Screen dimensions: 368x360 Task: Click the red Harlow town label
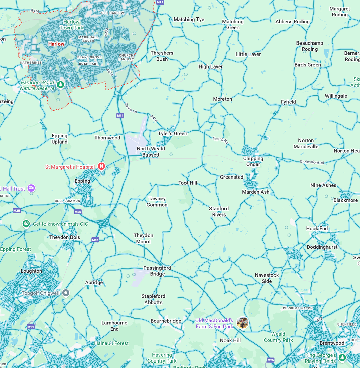[x=56, y=44]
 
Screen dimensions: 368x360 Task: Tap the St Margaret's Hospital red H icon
[x=101, y=167]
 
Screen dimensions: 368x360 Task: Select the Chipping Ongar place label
[x=253, y=161]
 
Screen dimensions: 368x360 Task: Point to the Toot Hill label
[x=188, y=183]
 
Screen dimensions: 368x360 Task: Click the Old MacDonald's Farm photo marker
[x=243, y=323]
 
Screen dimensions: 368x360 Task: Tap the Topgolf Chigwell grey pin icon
[x=66, y=293]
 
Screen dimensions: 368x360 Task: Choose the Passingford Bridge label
[x=157, y=271]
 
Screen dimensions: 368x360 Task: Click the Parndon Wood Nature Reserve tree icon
[x=60, y=84]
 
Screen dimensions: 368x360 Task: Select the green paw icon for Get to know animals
[x=26, y=224]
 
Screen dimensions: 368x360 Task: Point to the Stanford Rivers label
[x=219, y=211]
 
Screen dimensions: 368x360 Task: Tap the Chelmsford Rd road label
[x=312, y=162]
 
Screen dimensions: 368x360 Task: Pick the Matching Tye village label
[x=189, y=20]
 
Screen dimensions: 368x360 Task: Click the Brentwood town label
[x=332, y=343]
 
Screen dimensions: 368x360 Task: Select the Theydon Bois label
[x=65, y=237]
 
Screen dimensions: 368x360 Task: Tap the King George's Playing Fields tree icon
[x=342, y=358]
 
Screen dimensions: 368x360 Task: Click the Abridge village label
[x=94, y=282]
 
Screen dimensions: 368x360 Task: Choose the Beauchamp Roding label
[x=310, y=46]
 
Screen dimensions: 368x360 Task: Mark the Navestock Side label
[x=267, y=278]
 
